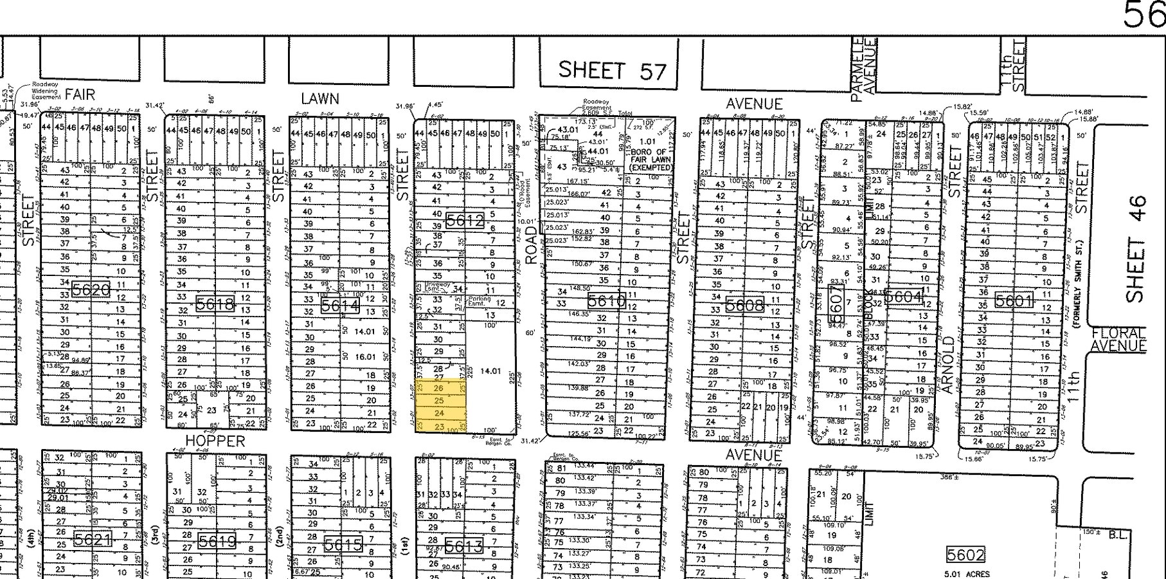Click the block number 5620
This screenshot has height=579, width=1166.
(91, 289)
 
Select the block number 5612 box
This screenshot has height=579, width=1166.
(464, 221)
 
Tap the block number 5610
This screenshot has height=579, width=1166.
(606, 300)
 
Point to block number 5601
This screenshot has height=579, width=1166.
(1014, 300)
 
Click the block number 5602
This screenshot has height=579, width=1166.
(965, 555)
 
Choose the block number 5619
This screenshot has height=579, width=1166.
(217, 542)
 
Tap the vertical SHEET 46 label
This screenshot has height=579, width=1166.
(1136, 248)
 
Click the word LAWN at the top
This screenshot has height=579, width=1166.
(320, 98)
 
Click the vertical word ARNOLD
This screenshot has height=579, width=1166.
(947, 364)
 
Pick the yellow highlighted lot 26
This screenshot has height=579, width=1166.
(439, 388)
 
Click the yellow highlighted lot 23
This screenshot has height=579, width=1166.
(440, 426)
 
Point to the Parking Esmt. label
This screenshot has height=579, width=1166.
(480, 300)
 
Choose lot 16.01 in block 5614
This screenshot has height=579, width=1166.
(364, 356)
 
